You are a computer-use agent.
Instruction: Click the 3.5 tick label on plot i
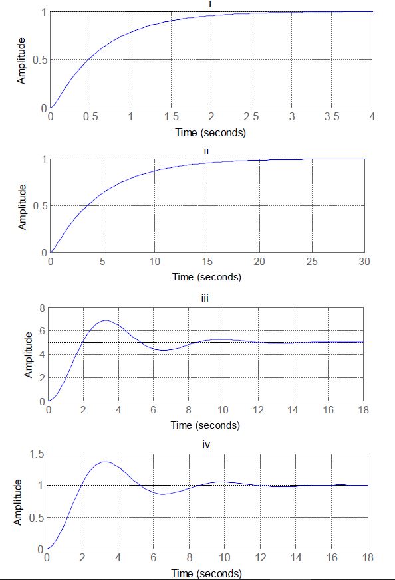[x=332, y=116]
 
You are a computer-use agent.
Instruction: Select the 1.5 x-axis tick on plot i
[x=171, y=116]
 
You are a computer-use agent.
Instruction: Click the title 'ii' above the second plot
[x=206, y=151]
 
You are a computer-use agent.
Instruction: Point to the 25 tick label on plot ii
[x=311, y=262]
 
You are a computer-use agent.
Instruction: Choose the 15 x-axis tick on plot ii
[x=207, y=262]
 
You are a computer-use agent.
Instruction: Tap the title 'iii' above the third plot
[x=205, y=299]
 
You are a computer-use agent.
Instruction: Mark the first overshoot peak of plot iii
[x=105, y=320]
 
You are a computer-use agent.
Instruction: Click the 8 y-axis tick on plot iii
[x=42, y=308]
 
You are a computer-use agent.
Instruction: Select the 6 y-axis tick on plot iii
[x=42, y=331]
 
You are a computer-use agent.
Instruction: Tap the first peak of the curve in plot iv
[x=105, y=462]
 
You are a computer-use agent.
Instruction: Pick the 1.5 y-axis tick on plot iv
[x=37, y=454]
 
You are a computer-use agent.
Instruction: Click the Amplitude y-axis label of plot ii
[x=23, y=207]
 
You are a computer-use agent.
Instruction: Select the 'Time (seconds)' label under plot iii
[x=205, y=425]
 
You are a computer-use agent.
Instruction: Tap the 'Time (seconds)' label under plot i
[x=210, y=132]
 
